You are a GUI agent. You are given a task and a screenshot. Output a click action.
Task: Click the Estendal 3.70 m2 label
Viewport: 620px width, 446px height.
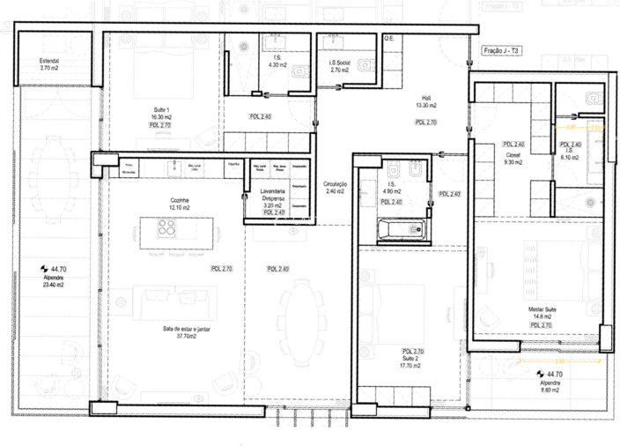(48, 64)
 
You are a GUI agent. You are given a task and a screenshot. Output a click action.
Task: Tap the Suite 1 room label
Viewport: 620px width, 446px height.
(160, 113)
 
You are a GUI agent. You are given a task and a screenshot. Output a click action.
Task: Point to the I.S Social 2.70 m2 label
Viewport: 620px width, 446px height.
(341, 66)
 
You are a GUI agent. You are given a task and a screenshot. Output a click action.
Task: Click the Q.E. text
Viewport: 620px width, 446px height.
(389, 39)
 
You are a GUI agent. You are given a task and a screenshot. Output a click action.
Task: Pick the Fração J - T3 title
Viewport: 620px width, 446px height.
(503, 52)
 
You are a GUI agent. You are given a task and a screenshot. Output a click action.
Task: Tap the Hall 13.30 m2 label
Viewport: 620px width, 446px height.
(426, 102)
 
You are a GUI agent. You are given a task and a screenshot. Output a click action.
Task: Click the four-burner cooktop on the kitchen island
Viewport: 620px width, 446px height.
(166, 228)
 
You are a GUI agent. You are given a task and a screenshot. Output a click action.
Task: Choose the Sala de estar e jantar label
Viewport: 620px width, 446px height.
(186, 332)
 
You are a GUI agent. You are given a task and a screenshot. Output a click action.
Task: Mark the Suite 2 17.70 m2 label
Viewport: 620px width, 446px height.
(411, 362)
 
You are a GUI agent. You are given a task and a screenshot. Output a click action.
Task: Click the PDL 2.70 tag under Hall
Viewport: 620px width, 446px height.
(426, 123)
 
